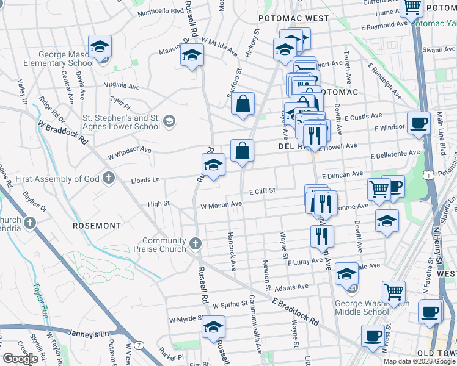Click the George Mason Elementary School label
(x=59, y=59)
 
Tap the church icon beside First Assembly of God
(x=108, y=178)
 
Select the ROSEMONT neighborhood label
(x=97, y=226)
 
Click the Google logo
(x=20, y=359)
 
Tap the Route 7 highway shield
(x=140, y=345)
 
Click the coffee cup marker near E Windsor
(x=419, y=122)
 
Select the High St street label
(x=158, y=204)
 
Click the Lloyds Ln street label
(x=145, y=180)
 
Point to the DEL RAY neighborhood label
(x=292, y=146)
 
